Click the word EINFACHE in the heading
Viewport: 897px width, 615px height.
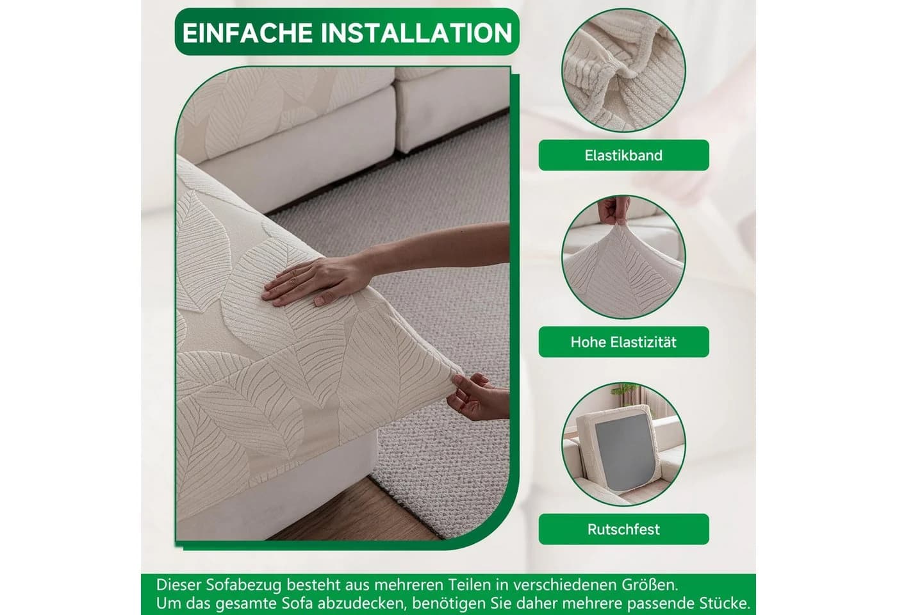click(247, 33)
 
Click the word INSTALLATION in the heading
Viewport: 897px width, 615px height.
click(416, 33)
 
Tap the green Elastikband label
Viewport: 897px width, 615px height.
click(623, 155)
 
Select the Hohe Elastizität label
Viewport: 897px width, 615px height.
click(623, 342)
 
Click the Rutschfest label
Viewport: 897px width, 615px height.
click(623, 529)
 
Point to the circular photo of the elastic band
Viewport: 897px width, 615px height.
click(623, 70)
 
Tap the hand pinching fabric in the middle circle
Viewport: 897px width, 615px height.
click(613, 211)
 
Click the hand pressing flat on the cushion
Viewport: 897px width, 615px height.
click(313, 281)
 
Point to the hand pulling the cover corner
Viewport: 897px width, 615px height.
click(477, 397)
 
